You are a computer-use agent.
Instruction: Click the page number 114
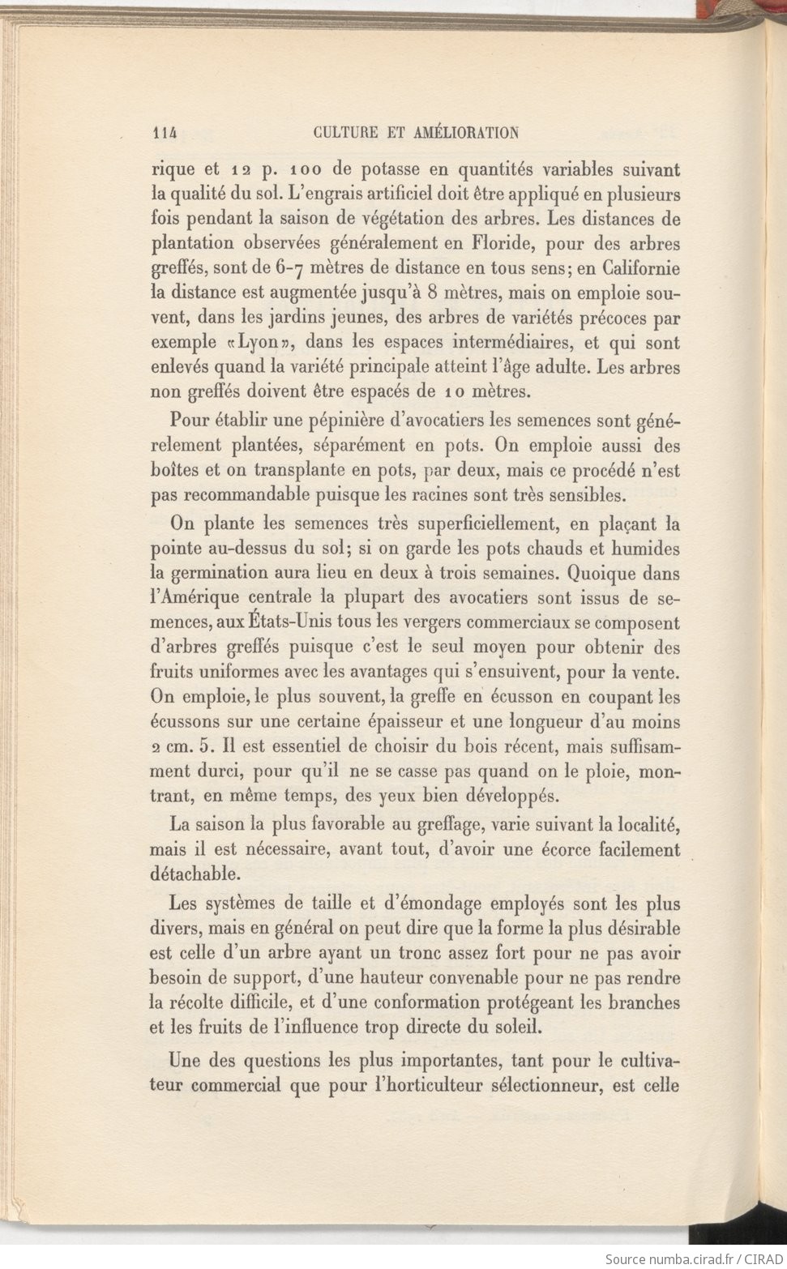(164, 133)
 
